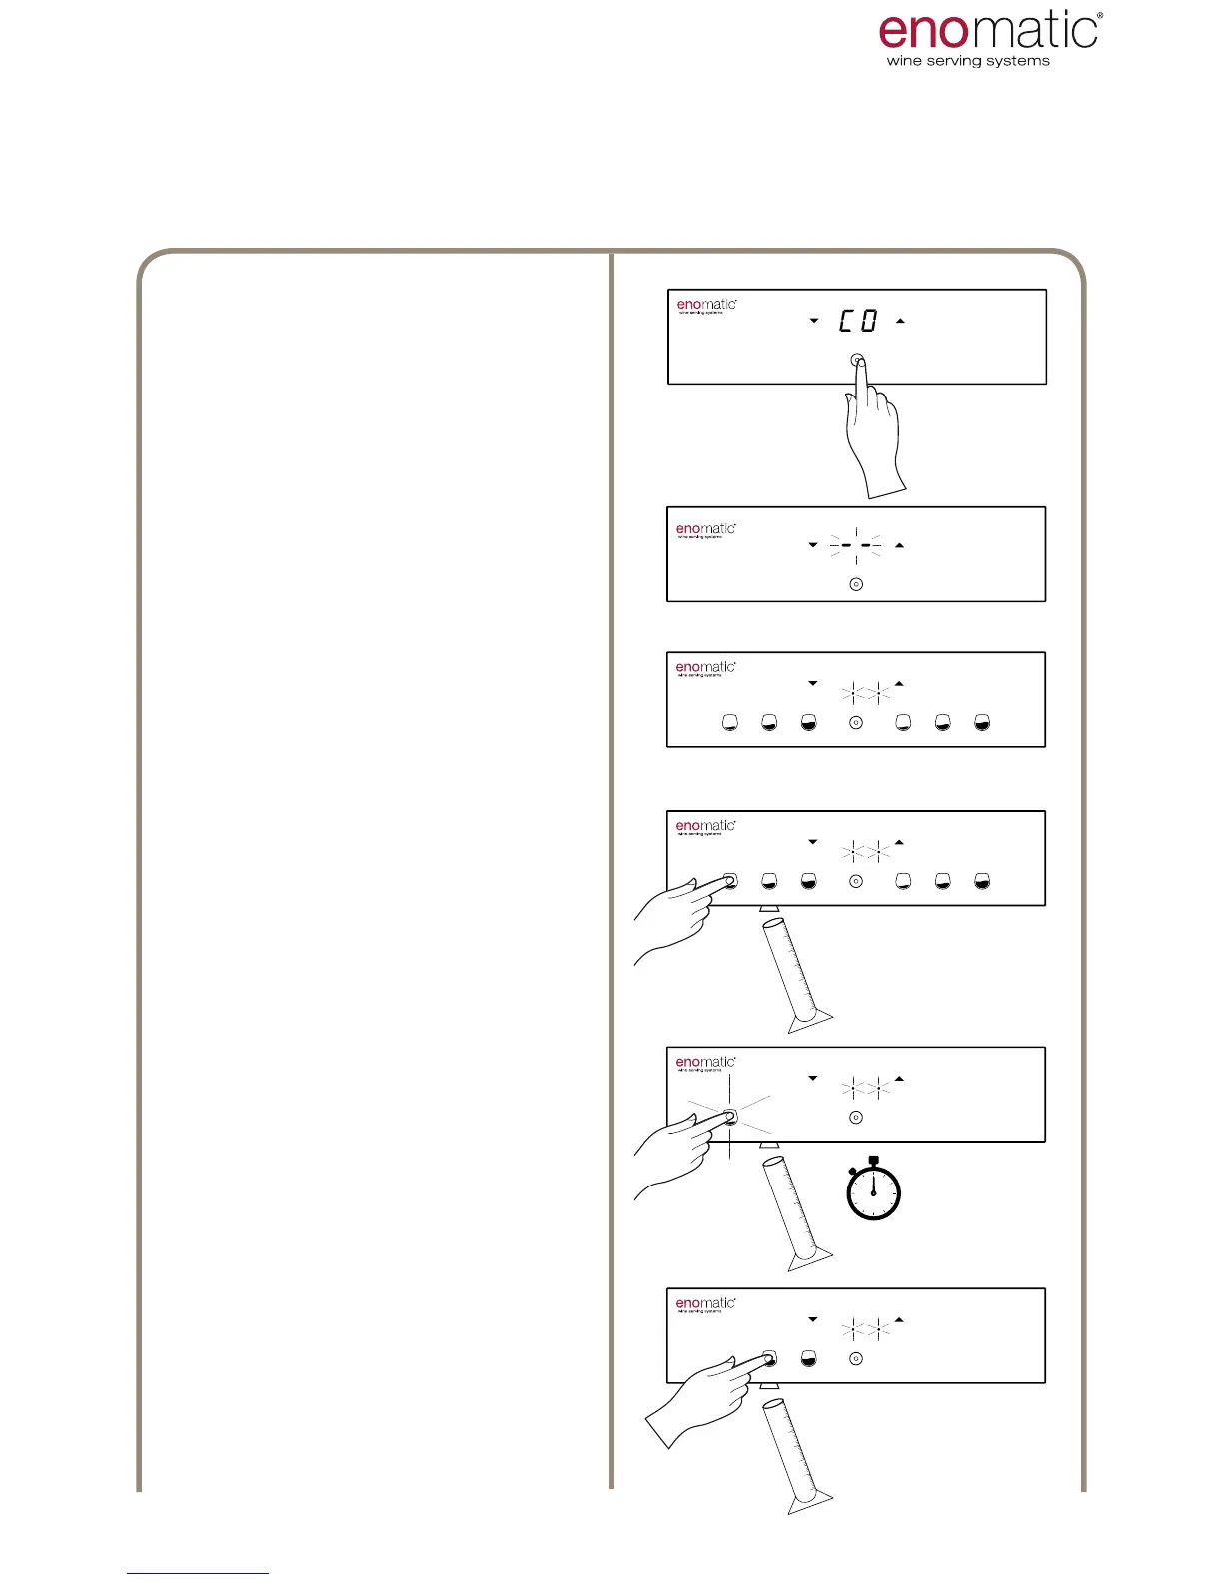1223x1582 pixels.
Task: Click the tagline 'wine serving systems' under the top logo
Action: [x=968, y=61]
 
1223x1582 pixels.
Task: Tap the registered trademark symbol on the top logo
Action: [x=1100, y=16]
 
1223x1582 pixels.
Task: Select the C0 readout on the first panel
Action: [x=857, y=321]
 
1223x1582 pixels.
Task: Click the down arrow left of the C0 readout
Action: [x=814, y=321]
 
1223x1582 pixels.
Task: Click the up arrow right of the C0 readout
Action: [x=900, y=321]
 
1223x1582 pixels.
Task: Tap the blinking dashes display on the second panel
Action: [x=856, y=545]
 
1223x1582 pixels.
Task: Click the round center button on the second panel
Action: [x=856, y=584]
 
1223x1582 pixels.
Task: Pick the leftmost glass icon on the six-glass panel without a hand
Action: [x=730, y=722]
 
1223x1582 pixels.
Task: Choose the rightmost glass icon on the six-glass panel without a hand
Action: [x=982, y=722]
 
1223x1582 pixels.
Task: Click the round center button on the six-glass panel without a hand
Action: [x=856, y=722]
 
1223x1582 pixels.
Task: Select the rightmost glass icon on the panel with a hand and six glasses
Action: [x=982, y=881]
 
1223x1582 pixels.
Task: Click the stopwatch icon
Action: [x=874, y=1190]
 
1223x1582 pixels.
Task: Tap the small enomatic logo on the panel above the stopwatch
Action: [x=705, y=1063]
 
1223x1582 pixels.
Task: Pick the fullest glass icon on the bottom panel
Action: [x=809, y=1359]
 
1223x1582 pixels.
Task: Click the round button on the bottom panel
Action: [x=856, y=1359]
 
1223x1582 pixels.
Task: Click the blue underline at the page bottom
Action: [x=198, y=1573]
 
